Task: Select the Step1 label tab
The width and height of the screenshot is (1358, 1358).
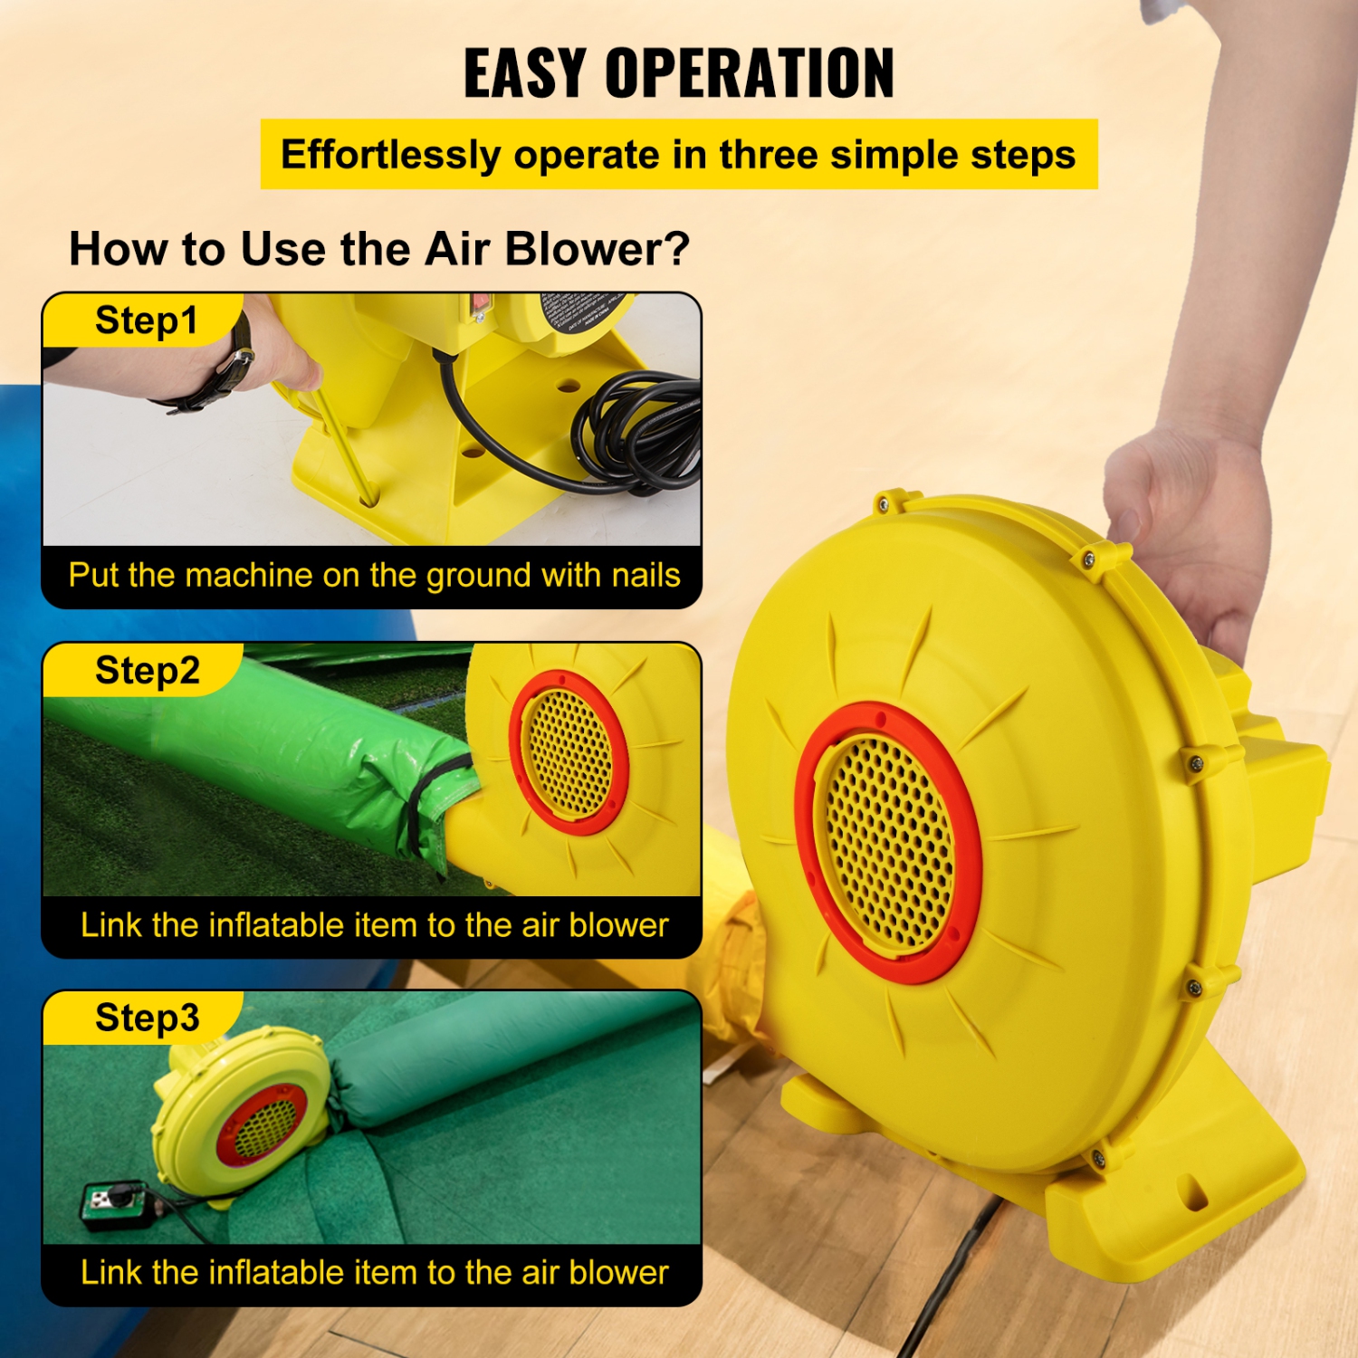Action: (145, 320)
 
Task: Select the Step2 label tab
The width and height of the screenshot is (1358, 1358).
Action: (147, 671)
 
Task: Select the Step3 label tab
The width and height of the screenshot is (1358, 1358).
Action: (147, 1018)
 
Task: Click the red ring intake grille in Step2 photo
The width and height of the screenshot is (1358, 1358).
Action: (569, 751)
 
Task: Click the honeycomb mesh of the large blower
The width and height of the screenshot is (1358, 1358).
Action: (887, 842)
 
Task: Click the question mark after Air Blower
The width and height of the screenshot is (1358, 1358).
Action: (676, 250)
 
